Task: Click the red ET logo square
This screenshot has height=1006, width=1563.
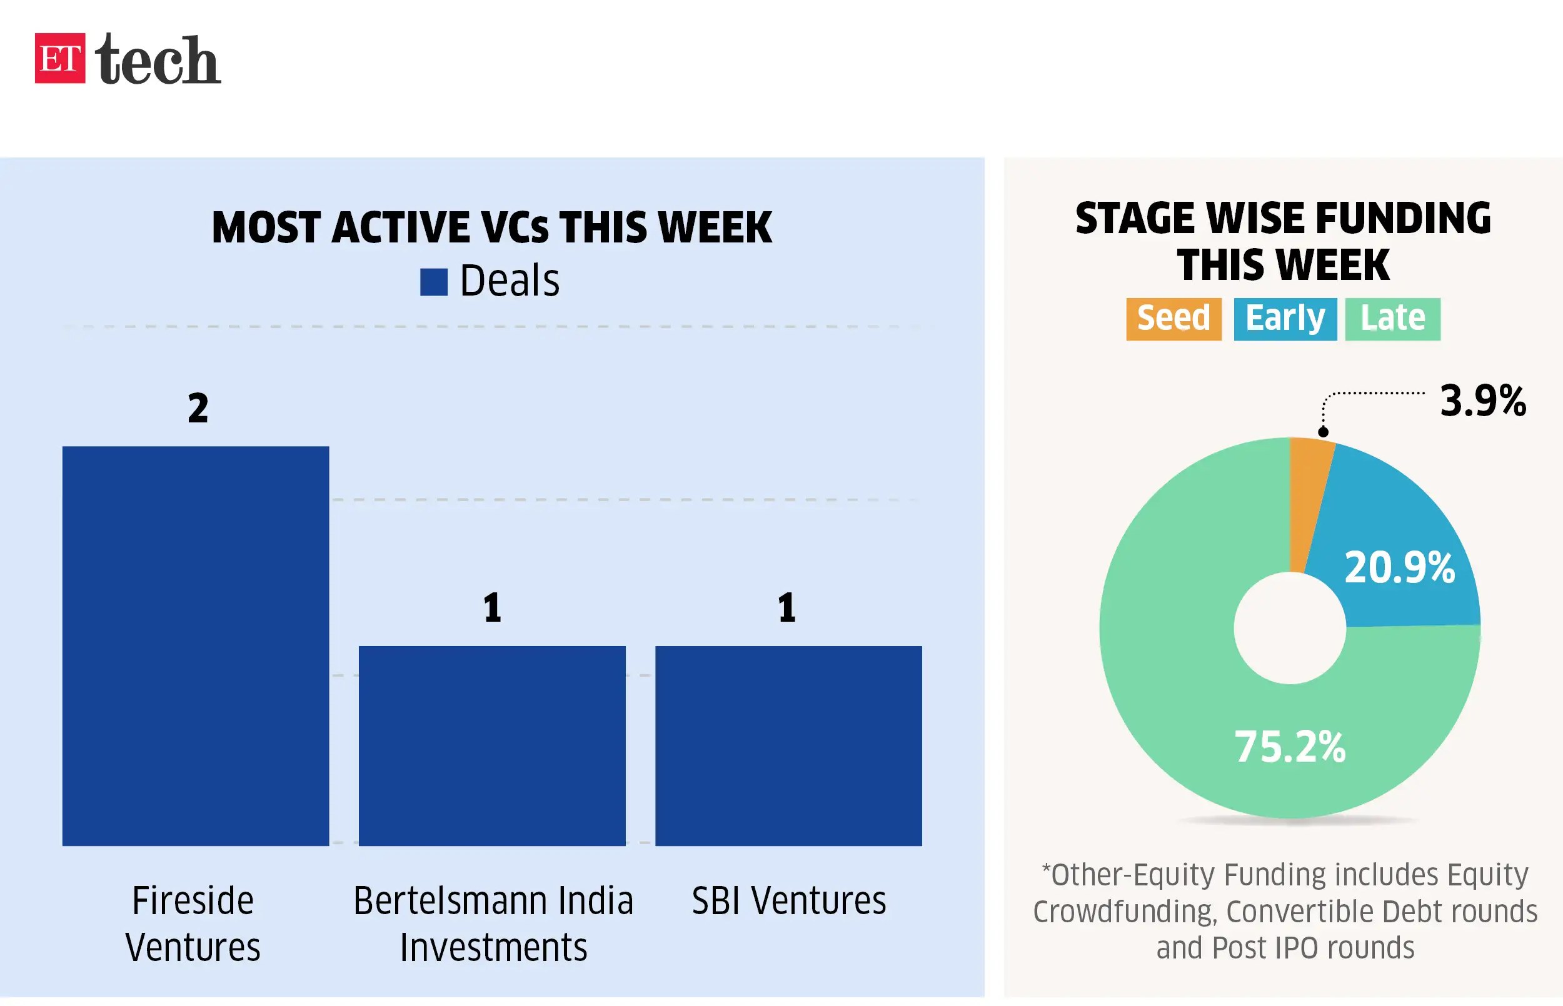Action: click(59, 58)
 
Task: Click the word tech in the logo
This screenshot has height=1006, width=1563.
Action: click(158, 59)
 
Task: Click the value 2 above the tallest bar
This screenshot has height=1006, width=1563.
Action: click(198, 408)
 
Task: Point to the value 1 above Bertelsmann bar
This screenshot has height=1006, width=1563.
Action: click(492, 607)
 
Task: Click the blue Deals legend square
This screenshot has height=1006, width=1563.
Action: click(433, 282)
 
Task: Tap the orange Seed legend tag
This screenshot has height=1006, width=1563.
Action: click(1173, 319)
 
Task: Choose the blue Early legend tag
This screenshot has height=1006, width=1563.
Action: click(1285, 319)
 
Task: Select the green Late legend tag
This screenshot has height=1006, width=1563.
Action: click(1392, 319)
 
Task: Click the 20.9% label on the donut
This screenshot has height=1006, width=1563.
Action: click(1399, 567)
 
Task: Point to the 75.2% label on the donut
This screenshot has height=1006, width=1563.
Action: click(1289, 746)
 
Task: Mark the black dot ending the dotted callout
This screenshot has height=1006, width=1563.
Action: click(1322, 432)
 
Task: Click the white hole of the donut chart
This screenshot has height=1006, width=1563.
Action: click(1289, 628)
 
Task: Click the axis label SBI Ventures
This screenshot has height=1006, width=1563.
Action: click(788, 901)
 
